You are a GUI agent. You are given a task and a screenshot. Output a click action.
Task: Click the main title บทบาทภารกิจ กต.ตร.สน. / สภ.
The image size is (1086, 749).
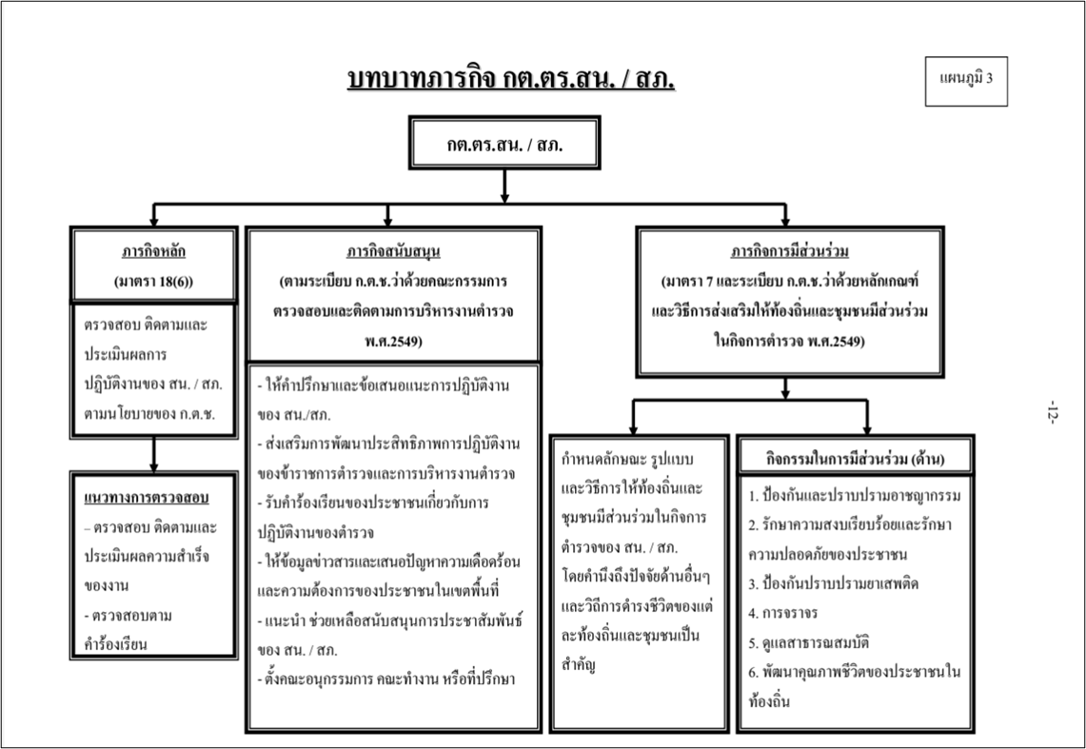(x=511, y=79)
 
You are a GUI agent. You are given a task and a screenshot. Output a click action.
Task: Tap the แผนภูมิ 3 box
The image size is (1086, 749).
(x=966, y=81)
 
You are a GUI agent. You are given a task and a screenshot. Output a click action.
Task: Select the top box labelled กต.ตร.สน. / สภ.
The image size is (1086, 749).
(x=504, y=144)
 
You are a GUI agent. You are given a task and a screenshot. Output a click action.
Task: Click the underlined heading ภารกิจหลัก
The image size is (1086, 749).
(x=154, y=251)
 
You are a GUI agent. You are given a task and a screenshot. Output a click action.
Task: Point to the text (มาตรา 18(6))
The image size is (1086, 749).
(x=154, y=282)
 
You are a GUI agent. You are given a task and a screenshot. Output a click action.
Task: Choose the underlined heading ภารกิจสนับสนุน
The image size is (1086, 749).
(x=393, y=251)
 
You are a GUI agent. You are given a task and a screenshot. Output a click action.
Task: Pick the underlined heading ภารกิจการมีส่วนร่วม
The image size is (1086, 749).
(x=790, y=251)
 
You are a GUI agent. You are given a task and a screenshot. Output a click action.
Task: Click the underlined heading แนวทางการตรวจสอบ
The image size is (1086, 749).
(x=147, y=498)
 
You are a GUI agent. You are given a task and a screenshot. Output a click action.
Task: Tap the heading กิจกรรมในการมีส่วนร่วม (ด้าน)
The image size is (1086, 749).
(x=856, y=459)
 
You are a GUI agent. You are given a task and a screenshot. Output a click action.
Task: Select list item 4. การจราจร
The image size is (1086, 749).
(x=782, y=613)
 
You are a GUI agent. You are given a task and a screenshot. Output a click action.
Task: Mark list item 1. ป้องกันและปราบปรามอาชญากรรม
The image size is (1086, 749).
(x=854, y=496)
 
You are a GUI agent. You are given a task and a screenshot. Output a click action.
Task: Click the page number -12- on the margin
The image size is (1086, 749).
(x=1053, y=412)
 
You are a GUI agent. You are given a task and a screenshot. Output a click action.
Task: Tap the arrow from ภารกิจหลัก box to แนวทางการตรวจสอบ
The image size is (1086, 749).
(x=154, y=455)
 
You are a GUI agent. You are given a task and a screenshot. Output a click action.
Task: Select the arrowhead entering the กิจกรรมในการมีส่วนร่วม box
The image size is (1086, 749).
(x=867, y=429)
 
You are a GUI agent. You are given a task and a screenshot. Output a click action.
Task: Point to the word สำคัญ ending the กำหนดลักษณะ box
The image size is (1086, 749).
(x=579, y=665)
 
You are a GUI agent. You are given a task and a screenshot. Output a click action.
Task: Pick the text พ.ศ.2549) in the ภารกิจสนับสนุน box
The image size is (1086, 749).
(x=393, y=342)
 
